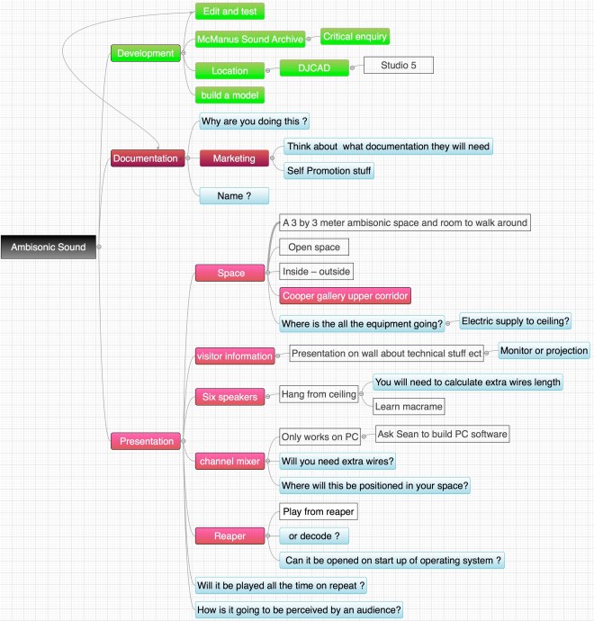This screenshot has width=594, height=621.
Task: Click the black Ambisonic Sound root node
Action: [x=49, y=246]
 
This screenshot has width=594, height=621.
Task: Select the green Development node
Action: [x=145, y=53]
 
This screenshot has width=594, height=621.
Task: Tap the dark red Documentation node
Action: [x=145, y=158]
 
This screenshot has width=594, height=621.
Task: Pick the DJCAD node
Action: [x=314, y=68]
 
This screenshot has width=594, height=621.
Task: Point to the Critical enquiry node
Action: [x=355, y=37]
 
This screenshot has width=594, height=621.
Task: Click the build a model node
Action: [x=229, y=94]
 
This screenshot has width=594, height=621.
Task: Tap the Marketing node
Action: [x=234, y=158]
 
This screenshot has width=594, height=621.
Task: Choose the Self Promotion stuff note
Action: [x=328, y=170]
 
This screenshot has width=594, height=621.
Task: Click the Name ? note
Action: [x=234, y=194]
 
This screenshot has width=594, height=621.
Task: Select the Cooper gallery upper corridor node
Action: [x=346, y=295]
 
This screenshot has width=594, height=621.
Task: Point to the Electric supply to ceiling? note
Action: [x=515, y=320]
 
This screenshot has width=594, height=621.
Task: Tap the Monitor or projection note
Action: [x=544, y=350]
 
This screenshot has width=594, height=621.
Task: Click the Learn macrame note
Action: [x=408, y=407]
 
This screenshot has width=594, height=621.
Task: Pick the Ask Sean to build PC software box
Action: [x=442, y=434]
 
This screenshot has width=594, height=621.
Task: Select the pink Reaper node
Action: [x=229, y=536]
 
